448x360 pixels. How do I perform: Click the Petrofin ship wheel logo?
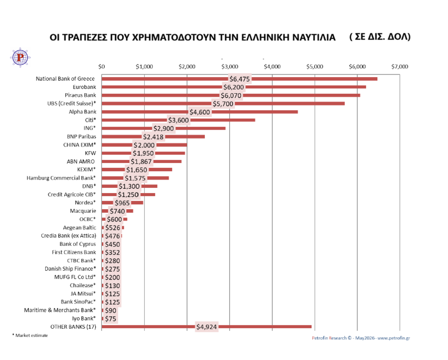pos(20,57)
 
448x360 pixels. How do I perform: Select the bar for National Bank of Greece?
pos(239,79)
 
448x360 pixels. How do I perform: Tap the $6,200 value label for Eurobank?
pos(234,87)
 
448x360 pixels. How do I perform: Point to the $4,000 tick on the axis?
pos(272,67)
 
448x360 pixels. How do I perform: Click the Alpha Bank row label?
pos(82,112)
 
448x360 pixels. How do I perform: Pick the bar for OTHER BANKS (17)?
pos(206,327)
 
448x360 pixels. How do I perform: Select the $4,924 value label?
pos(206,327)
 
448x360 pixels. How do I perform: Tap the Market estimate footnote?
pos(30,335)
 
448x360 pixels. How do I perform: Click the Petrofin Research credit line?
pos(361,338)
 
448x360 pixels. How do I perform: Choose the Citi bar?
pos(178,120)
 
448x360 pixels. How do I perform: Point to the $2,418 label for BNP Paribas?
pos(154,137)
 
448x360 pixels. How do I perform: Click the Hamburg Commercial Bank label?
pos(61,178)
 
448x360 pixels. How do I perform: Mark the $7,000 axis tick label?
pos(399,67)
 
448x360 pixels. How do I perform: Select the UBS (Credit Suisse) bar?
pos(223,103)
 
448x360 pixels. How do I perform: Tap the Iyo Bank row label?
pos(84,318)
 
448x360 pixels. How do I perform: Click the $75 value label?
pos(111,319)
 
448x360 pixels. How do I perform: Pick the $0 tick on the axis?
pos(101,67)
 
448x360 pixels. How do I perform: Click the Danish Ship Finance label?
pos(70,269)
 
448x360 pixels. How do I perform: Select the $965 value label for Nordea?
pos(122,203)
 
